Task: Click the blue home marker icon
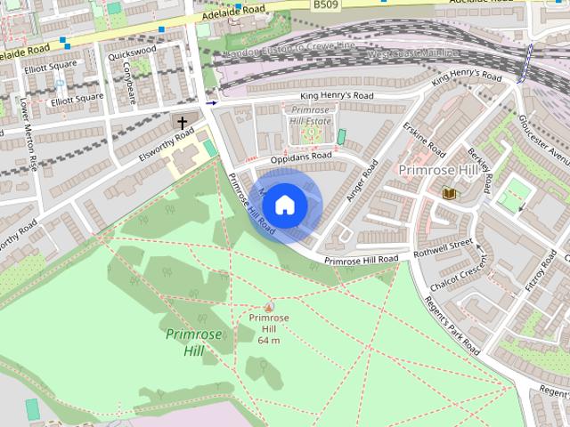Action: click(284, 205)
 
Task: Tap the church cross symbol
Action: click(183, 122)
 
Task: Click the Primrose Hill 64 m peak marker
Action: click(269, 307)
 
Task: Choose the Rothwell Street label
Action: click(448, 245)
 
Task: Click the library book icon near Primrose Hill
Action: click(449, 192)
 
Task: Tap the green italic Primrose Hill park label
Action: click(187, 342)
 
